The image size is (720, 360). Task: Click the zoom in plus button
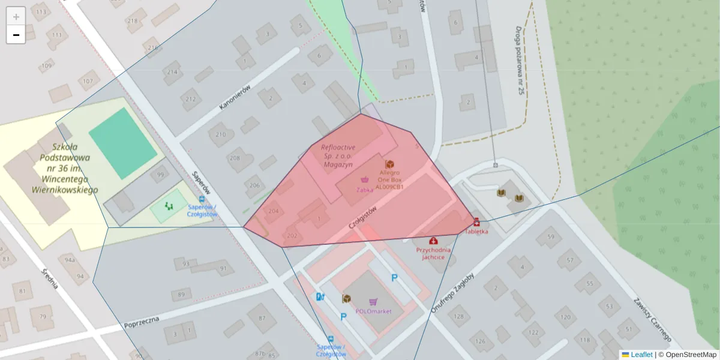coord(16,16)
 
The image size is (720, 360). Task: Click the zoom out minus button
coord(16,35)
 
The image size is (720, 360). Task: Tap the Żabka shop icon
coord(364,179)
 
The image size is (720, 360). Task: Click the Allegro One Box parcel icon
coord(389,164)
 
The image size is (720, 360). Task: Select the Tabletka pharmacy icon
coord(476,221)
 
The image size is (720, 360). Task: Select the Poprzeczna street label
coord(142,322)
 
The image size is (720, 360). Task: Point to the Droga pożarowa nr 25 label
coord(520,60)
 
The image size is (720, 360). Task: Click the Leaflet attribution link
coord(641,355)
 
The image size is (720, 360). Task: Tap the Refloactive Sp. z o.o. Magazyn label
coord(338,155)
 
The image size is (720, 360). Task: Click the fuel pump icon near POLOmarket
coord(320,296)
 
